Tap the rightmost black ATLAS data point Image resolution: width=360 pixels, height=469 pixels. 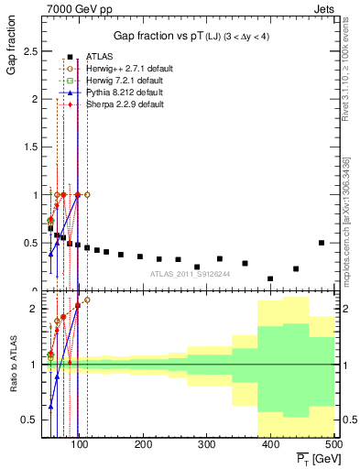point(321,243)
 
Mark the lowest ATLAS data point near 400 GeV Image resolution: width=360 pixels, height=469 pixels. point(270,278)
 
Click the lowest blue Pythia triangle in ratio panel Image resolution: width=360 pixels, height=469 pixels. point(50,406)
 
